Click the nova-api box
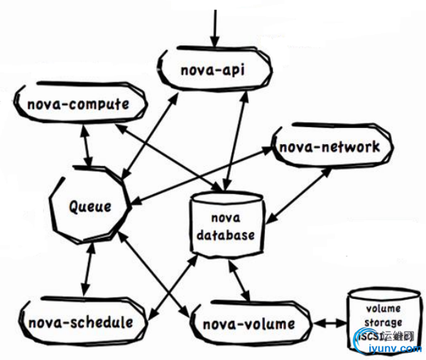pos(213,70)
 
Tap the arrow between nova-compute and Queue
pos(88,148)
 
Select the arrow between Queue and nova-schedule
pos(88,270)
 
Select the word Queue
pos(89,207)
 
